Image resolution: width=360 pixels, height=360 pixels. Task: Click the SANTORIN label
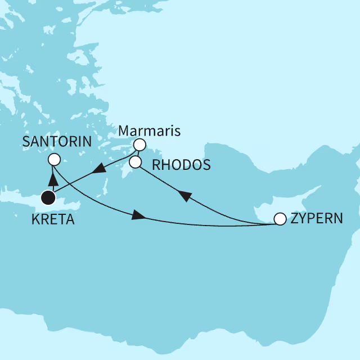57,142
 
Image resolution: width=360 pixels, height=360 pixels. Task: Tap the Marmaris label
150,131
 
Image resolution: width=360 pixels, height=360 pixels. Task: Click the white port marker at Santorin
54,160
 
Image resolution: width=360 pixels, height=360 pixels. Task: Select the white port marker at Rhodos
135,163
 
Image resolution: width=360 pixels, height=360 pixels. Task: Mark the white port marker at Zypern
279,219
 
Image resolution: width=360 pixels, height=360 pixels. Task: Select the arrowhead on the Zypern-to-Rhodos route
184,195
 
